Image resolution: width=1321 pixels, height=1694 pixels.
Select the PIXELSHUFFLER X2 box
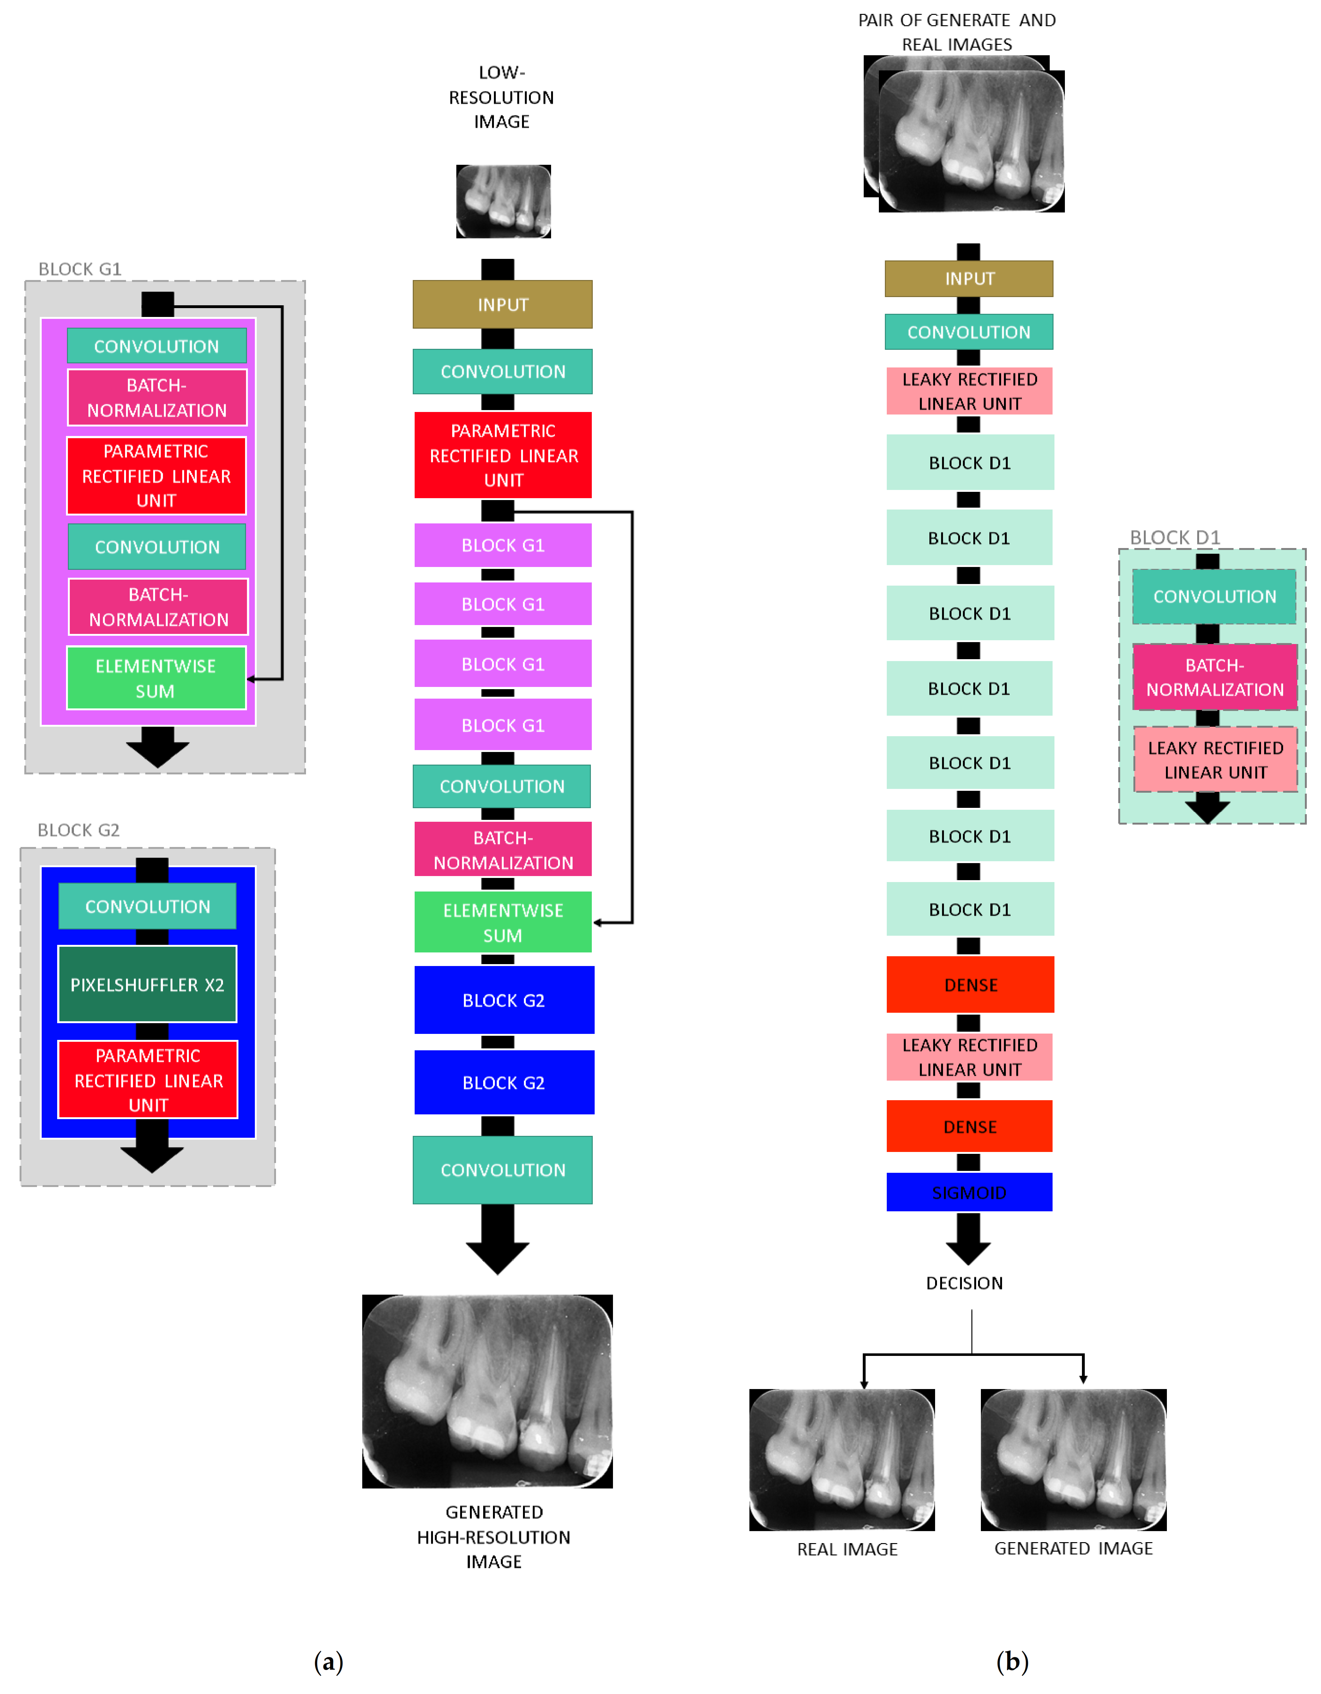click(147, 984)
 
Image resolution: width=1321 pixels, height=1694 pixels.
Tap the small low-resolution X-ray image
click(503, 201)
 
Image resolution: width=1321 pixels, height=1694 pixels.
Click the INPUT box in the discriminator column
click(969, 278)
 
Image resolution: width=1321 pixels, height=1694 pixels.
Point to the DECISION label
click(964, 1283)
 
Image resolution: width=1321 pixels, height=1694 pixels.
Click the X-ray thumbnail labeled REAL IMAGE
click(842, 1459)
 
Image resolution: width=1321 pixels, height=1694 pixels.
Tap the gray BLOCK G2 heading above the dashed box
click(78, 830)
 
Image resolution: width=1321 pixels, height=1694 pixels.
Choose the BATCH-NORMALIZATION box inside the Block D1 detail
click(1215, 677)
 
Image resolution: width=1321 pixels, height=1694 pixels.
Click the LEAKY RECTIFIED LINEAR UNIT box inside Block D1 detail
click(1215, 760)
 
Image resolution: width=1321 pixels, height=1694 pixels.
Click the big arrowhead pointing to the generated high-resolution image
click(497, 1254)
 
